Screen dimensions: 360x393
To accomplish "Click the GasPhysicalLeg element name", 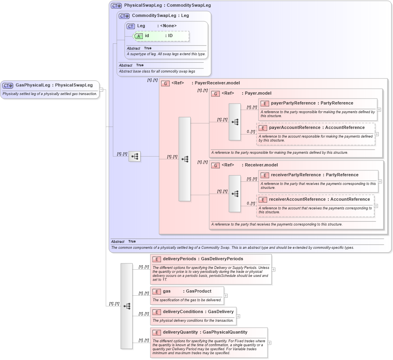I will click(x=33, y=85).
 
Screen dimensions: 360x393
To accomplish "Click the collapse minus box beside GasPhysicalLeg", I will click(x=101, y=90).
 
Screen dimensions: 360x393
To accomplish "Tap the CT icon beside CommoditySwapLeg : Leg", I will click(x=124, y=16).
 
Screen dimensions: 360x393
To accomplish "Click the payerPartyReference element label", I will click(x=293, y=103).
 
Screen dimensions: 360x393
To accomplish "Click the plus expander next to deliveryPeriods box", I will click(x=273, y=270).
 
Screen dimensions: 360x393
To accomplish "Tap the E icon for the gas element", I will click(x=157, y=291).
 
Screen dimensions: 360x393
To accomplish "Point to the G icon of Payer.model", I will click(x=216, y=93).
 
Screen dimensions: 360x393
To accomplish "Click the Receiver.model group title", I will click(x=261, y=165).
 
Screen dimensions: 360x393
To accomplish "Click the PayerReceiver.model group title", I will click(x=217, y=83).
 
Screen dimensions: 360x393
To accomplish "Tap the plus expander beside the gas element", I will click(x=226, y=295).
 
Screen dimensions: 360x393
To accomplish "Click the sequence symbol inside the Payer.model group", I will click(x=235, y=122).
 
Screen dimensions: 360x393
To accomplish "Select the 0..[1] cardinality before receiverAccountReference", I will click(x=251, y=203).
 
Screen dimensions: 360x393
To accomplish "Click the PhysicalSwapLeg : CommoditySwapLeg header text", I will click(x=167, y=6).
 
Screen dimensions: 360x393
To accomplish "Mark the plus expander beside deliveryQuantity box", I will click(x=269, y=343).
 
